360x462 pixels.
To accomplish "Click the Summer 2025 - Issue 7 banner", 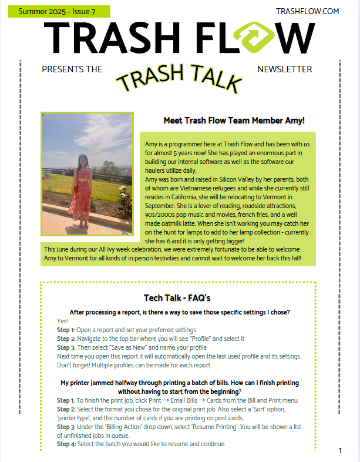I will (x=57, y=11).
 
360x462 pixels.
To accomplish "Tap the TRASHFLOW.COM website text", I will (x=307, y=11).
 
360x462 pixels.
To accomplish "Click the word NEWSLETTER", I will (x=285, y=69).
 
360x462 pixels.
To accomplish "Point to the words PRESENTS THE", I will (x=72, y=69).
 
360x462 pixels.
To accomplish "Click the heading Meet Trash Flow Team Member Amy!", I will (x=234, y=121).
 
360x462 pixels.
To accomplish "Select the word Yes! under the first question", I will (x=63, y=321).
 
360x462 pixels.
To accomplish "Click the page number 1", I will (x=341, y=450).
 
